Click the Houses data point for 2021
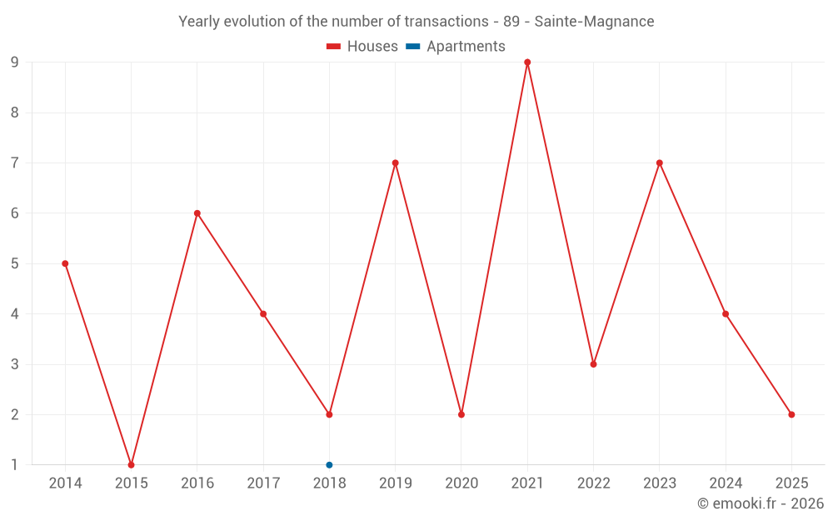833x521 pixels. click(527, 63)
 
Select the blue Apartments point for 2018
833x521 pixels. click(329, 465)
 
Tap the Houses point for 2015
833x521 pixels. click(131, 465)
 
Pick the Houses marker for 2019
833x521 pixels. click(395, 163)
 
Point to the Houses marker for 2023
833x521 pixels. click(659, 163)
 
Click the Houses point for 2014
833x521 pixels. click(65, 263)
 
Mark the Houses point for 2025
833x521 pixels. click(791, 414)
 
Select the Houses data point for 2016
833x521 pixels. click(197, 213)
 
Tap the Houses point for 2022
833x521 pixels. click(593, 364)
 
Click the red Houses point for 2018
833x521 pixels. click(329, 414)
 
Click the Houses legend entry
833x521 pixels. click(362, 47)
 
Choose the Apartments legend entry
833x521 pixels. click(456, 47)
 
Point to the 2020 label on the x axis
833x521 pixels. click(461, 483)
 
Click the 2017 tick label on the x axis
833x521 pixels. click(263, 483)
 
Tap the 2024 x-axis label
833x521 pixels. click(726, 483)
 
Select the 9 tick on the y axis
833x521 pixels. click(15, 63)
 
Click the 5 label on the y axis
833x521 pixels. click(15, 263)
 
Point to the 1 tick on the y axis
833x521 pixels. click(15, 465)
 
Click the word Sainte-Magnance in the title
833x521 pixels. click(594, 22)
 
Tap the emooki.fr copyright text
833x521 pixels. click(761, 503)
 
